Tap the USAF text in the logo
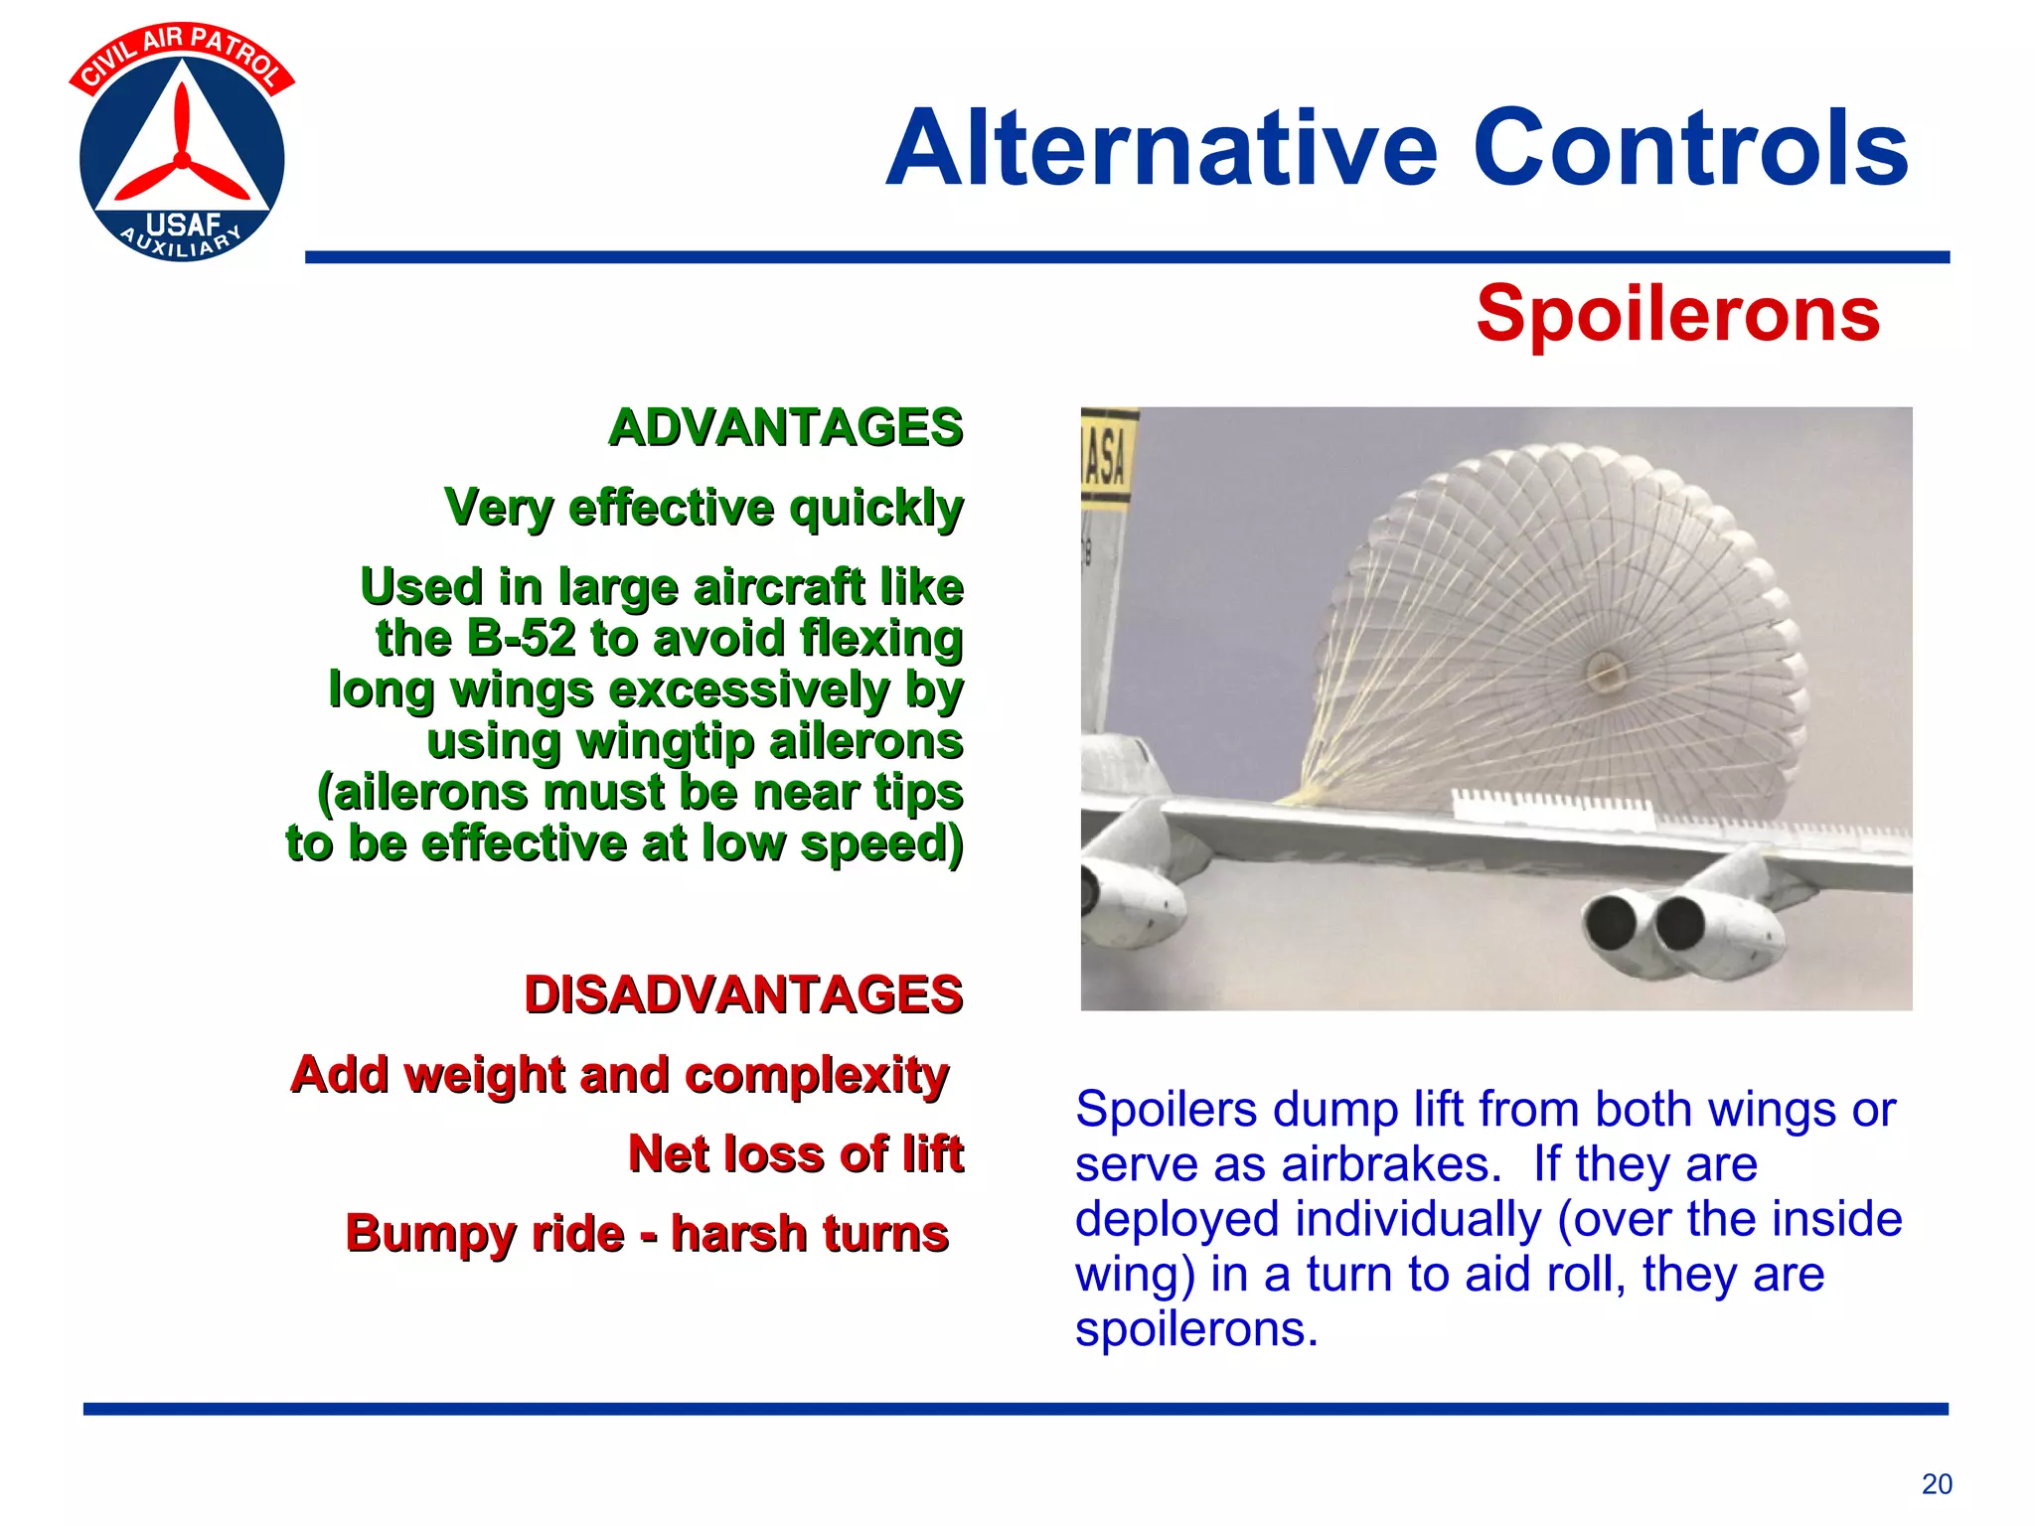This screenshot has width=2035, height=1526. pos(183,226)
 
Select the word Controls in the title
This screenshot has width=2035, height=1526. pos(1689,149)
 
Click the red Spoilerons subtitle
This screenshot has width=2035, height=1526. pos(1677,314)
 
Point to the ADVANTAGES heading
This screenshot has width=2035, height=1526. pos(785,428)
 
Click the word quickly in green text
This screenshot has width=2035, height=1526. pos(875,509)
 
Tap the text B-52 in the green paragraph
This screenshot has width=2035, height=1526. pos(521,638)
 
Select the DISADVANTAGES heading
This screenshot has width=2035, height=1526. pos(743,994)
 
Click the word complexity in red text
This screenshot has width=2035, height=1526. pos(816,1076)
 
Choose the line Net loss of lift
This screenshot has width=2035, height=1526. pos(795,1154)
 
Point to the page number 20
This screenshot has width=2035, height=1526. pos(1936,1484)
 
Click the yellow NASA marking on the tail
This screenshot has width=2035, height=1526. pos(1107,458)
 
